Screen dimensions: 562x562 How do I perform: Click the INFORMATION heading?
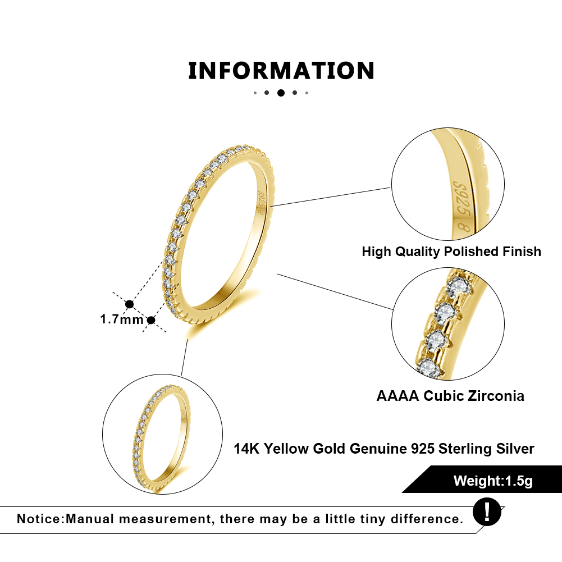pos(281,70)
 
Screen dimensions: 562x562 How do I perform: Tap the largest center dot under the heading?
pos(281,93)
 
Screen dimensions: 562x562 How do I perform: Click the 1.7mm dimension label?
pos(122,319)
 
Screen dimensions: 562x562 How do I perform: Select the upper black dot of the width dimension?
pos(129,304)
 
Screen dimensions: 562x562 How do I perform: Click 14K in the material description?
pos(246,449)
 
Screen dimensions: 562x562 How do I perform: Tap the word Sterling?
pos(465,449)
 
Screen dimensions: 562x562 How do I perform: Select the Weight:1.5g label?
pos(493,481)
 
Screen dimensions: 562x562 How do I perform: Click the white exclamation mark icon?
pos(487,511)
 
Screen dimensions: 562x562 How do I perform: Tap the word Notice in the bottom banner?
pos(40,519)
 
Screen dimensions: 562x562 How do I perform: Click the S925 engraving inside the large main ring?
pos(261,203)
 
